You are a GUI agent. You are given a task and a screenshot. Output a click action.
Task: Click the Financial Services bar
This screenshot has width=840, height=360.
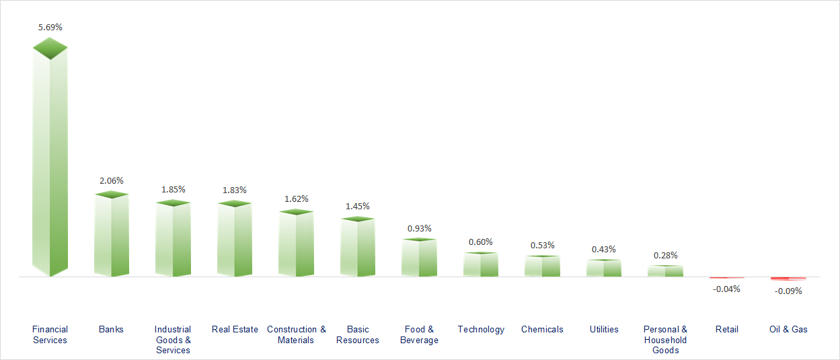(x=50, y=168)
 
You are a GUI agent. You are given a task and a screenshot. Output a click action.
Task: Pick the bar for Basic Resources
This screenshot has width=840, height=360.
(x=358, y=248)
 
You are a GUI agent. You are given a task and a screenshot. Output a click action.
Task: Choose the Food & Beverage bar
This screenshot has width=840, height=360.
(x=419, y=258)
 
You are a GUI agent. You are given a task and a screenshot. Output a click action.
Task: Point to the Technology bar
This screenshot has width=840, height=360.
(x=481, y=265)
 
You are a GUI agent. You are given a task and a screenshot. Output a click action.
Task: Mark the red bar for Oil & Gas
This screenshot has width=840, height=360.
(x=788, y=278)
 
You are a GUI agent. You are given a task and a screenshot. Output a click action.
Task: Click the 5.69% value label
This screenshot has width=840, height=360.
(x=50, y=27)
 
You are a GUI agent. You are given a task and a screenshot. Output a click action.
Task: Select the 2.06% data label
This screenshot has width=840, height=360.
(x=112, y=180)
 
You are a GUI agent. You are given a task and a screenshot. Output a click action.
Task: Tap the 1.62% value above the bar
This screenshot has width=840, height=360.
(x=297, y=199)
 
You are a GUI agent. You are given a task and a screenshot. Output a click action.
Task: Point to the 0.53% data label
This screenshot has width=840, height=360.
(x=542, y=245)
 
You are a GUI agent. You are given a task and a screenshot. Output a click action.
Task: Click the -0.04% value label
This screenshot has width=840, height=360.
(x=727, y=289)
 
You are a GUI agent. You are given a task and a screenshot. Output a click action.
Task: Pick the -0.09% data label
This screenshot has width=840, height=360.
(x=788, y=291)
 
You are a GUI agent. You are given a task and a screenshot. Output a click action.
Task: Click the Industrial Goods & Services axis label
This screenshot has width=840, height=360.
(x=173, y=339)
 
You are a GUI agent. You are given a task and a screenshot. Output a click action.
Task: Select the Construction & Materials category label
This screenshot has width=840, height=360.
(x=297, y=334)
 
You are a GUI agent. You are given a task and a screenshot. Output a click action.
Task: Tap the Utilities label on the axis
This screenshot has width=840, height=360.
(x=604, y=329)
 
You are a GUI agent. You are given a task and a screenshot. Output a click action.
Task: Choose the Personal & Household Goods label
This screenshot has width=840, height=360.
(x=665, y=339)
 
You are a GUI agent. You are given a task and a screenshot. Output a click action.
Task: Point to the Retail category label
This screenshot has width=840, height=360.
(x=727, y=329)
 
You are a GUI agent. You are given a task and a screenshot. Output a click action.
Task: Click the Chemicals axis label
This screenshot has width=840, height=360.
(x=542, y=329)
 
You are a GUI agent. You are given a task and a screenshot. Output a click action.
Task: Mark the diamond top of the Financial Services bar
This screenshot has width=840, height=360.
(x=50, y=48)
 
